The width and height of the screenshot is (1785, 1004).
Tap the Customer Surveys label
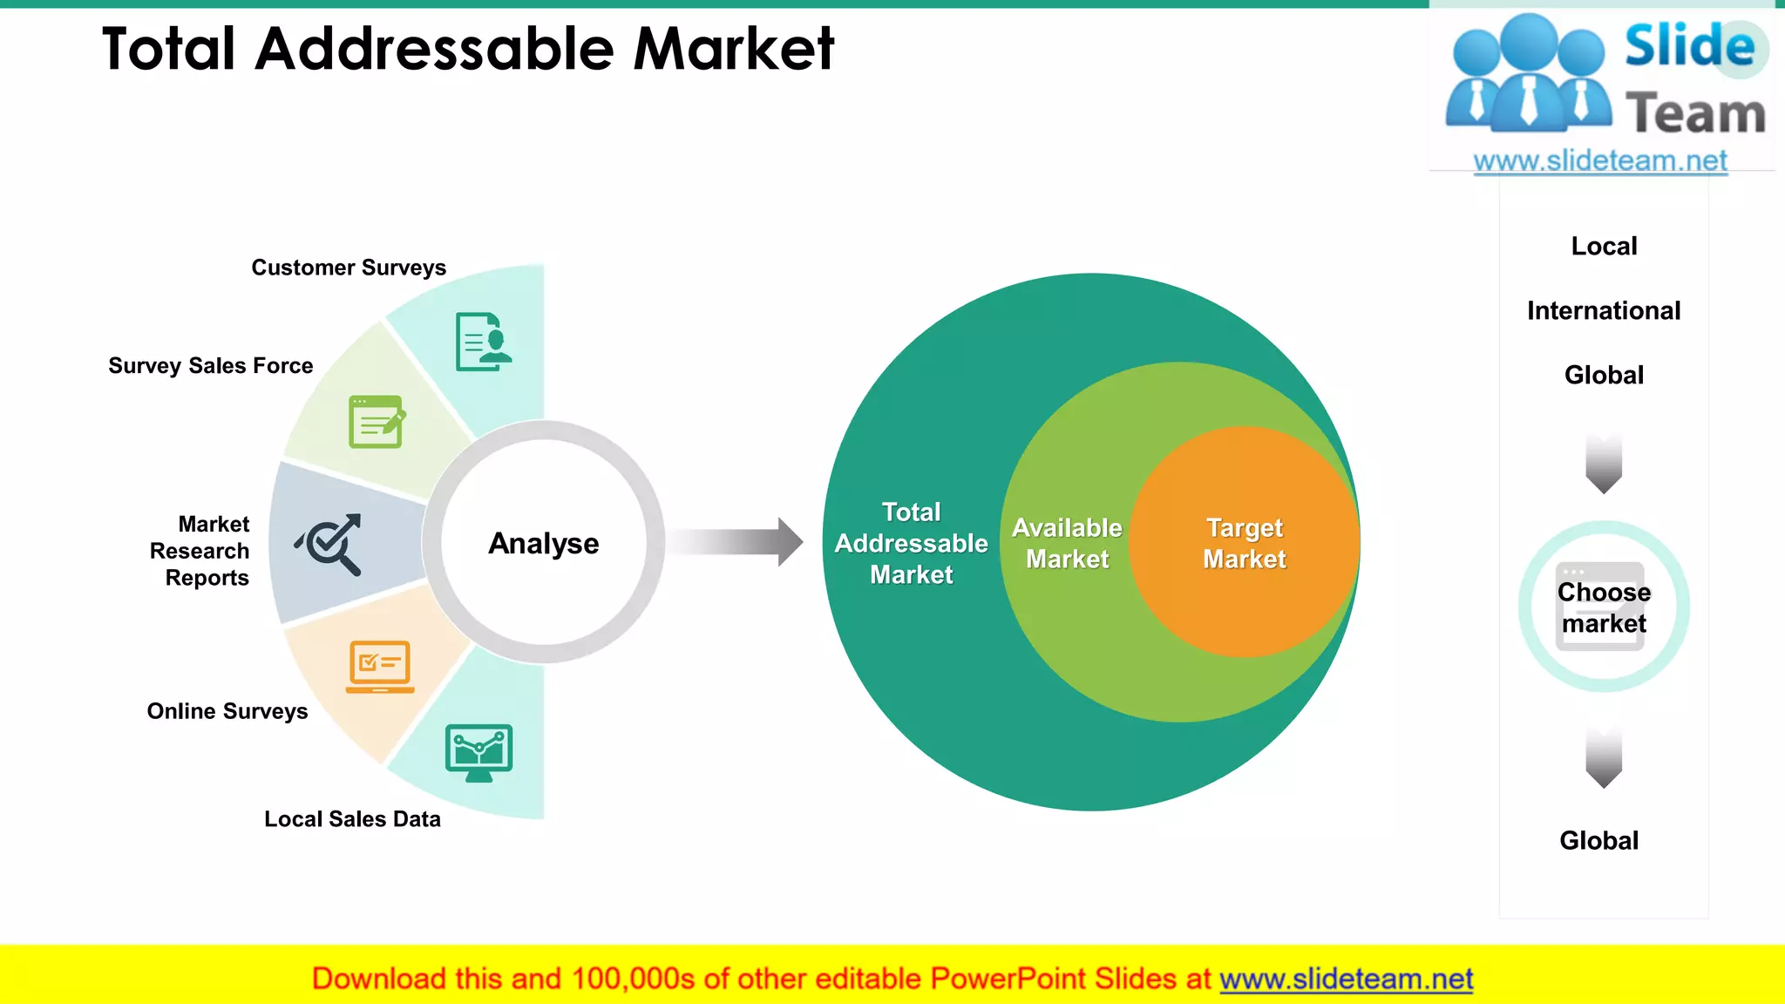(349, 268)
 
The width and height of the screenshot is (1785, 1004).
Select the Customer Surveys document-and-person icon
(483, 342)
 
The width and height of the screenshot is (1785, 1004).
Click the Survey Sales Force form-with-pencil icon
(377, 422)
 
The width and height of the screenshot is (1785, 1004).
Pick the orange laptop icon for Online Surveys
(380, 667)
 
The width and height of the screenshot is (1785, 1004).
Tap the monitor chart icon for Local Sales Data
(478, 752)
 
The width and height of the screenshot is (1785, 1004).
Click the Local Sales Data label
(352, 819)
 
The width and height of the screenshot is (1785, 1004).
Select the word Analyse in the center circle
(544, 543)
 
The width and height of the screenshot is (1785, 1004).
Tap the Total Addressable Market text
(911, 543)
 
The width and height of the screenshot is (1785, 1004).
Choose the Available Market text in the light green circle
(1067, 543)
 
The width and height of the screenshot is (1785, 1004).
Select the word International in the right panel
(1604, 310)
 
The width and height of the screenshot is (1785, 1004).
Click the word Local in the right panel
(1604, 246)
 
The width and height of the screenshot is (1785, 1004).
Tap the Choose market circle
(1604, 607)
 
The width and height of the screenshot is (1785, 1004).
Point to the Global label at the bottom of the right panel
(1598, 840)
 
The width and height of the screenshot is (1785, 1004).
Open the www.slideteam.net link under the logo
(1600, 160)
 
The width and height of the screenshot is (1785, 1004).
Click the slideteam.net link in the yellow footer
(1346, 979)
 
